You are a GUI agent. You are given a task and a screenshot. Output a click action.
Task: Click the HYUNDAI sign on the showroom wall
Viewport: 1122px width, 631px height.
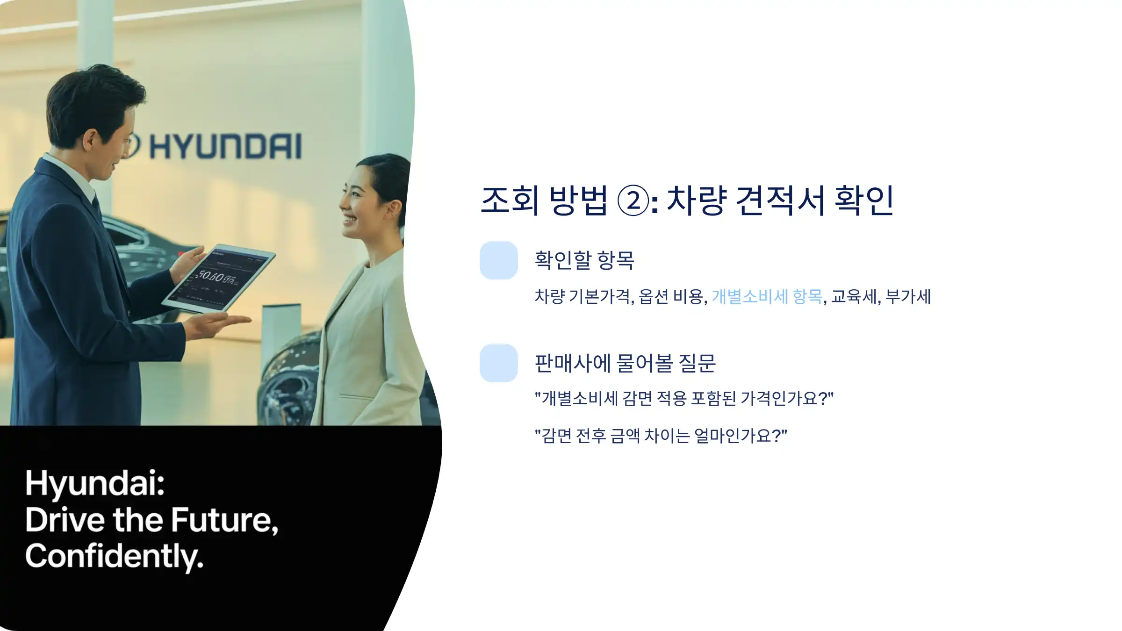[x=224, y=146]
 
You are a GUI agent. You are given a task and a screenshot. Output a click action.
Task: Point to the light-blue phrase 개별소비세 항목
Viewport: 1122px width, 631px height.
[x=767, y=296]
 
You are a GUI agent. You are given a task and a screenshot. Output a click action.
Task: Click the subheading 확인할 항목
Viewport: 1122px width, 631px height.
[x=584, y=260]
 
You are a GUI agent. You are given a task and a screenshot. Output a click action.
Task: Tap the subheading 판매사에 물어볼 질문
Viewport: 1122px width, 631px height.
[x=625, y=363]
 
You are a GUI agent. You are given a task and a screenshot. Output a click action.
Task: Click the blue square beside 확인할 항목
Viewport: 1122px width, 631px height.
[x=499, y=260]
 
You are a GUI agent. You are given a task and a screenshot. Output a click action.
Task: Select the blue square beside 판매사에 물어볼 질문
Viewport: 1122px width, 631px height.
[x=499, y=363]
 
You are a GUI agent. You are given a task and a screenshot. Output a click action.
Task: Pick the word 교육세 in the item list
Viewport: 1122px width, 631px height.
[x=854, y=296]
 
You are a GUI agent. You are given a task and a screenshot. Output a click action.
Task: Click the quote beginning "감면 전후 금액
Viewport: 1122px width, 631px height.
[x=661, y=436]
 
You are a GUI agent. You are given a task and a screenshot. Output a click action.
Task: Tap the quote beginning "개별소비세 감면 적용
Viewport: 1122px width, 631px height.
[x=684, y=399]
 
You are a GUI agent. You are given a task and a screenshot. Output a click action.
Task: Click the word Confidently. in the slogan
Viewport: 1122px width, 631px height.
[x=115, y=556]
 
